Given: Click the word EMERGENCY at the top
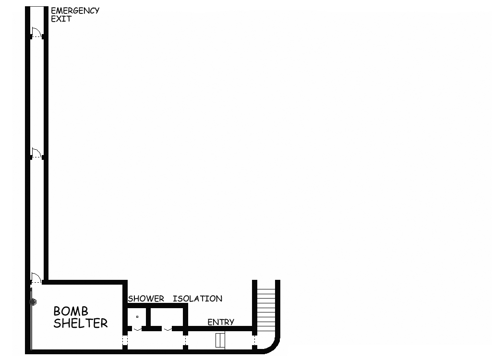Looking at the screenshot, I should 75,11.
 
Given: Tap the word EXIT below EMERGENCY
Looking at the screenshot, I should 61,19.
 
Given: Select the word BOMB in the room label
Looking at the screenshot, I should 71,312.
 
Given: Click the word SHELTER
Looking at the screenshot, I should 81,323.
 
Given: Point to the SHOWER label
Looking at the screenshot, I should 146,299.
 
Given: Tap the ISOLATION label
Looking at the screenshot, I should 197,299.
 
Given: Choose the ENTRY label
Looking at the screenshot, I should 221,322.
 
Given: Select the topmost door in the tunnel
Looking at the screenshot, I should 36,33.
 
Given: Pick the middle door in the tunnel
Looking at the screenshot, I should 36,154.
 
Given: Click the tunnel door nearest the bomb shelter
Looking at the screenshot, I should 36,277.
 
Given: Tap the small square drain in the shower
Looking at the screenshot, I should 137,317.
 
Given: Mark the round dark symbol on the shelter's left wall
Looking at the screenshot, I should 33,302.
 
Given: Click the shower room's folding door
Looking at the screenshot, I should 137,329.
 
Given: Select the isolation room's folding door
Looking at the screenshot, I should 167,329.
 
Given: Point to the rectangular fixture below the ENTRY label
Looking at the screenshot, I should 220,340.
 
